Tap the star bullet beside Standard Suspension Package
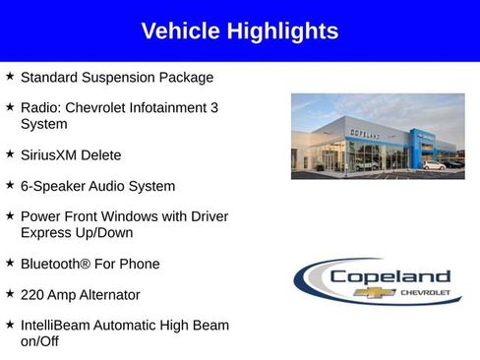[10, 76]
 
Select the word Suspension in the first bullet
[123, 77]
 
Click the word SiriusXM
[51, 155]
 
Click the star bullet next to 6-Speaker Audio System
[10, 185]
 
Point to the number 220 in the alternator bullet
[33, 294]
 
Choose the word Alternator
[105, 294]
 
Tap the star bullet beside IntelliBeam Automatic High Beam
[10, 324]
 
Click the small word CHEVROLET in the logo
[425, 292]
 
